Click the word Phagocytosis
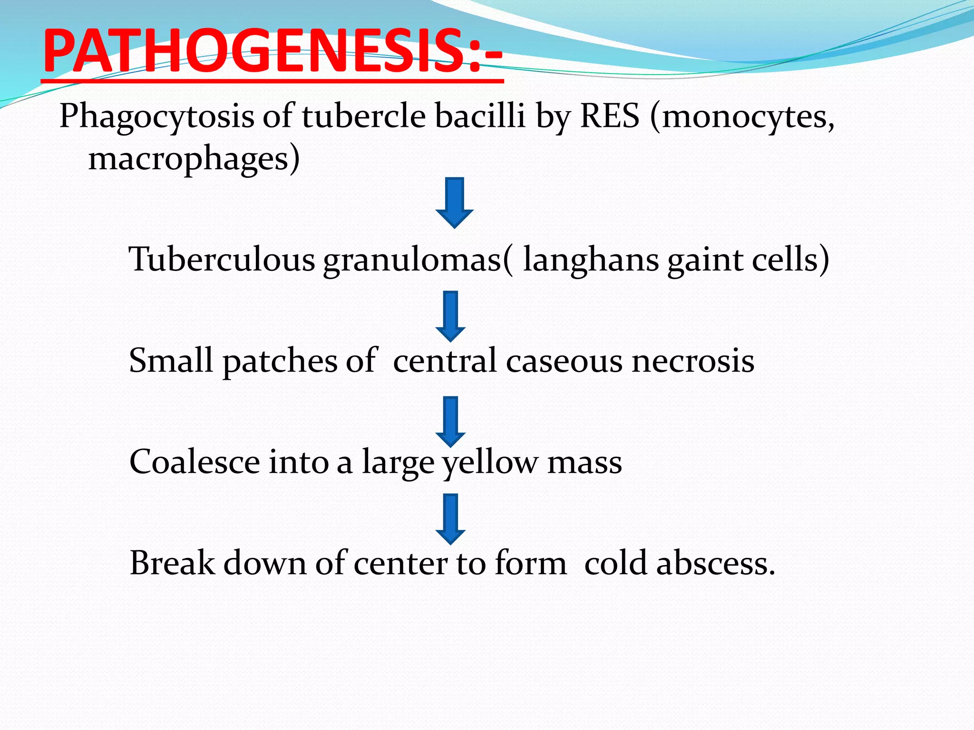point(156,117)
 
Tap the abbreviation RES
point(610,116)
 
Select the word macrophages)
point(194,159)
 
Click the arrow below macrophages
point(454,202)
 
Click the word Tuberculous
point(222,260)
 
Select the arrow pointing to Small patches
point(450,316)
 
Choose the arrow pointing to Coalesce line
point(450,421)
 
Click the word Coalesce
point(195,462)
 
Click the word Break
point(172,563)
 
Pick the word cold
point(615,563)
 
